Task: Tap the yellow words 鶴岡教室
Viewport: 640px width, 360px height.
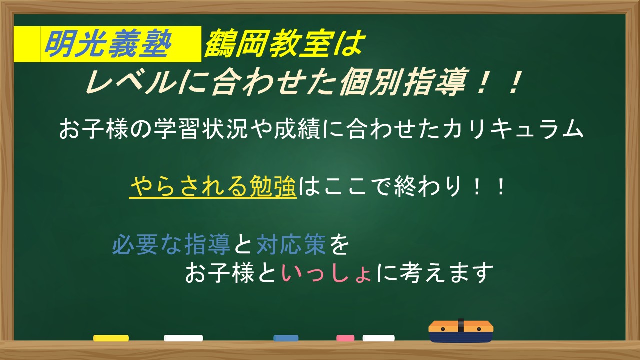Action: coord(270,43)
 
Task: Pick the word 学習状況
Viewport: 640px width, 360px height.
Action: coord(201,129)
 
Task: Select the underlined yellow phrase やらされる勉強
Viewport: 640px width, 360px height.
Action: coord(213,186)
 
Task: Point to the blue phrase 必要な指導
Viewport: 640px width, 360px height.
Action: coord(171,244)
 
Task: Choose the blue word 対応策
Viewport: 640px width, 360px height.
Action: coord(291,244)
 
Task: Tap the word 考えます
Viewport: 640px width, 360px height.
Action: coord(447,273)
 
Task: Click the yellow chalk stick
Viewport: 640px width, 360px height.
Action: coord(111,338)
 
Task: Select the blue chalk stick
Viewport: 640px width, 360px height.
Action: coord(286,338)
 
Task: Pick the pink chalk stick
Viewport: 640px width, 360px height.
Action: coord(345,338)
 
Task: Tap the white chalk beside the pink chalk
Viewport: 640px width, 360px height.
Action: coord(379,338)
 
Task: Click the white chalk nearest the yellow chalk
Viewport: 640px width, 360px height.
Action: coord(183,338)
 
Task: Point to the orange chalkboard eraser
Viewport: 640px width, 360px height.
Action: coord(461,331)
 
